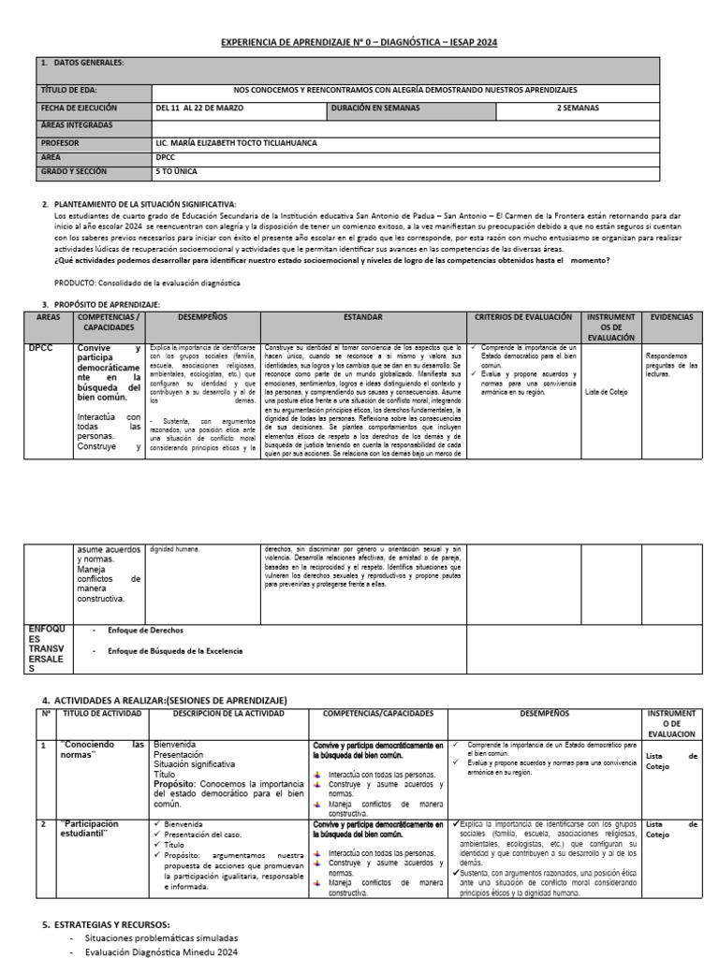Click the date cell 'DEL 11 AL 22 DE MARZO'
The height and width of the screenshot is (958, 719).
click(199, 108)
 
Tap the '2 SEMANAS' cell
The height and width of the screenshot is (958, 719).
click(578, 108)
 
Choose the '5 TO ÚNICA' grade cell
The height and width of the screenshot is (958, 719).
click(177, 172)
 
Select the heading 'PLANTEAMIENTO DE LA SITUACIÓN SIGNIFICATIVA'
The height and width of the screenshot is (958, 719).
click(145, 204)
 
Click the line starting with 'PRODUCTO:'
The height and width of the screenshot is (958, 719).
click(148, 283)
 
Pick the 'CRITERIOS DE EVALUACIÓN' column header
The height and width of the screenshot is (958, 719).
click(522, 317)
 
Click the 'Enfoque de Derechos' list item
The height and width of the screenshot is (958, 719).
click(145, 631)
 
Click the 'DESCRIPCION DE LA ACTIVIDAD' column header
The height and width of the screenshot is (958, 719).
click(227, 713)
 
